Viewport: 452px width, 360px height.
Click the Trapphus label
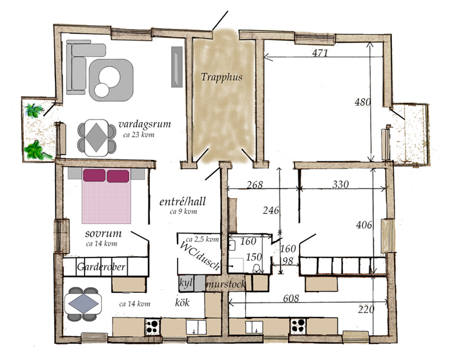[x=221, y=77]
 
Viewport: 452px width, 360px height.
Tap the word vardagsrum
[x=145, y=124]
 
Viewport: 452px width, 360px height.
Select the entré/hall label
[x=183, y=201]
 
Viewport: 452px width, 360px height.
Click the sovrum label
[x=103, y=234]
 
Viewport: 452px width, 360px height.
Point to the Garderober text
[x=101, y=266]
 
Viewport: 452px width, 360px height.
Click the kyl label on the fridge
[x=185, y=283]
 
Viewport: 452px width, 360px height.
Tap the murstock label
[x=226, y=285]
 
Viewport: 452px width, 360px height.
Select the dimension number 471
[x=320, y=53]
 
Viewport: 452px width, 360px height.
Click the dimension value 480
[x=362, y=102]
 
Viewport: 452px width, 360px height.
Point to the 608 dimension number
[x=291, y=298]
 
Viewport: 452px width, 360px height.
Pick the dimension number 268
[x=255, y=185]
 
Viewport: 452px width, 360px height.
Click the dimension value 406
[x=364, y=225]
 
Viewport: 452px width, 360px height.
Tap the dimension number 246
[x=271, y=210]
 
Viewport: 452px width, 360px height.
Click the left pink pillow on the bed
[x=94, y=175]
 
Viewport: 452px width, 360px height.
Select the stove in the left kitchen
[x=152, y=326]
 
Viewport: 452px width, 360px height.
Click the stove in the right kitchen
[x=298, y=326]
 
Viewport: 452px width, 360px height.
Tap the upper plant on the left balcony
[x=34, y=110]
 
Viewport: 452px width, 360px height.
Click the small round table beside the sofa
[x=102, y=90]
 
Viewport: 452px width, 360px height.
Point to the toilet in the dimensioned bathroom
[x=256, y=269]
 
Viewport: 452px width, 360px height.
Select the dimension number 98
[x=287, y=261]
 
